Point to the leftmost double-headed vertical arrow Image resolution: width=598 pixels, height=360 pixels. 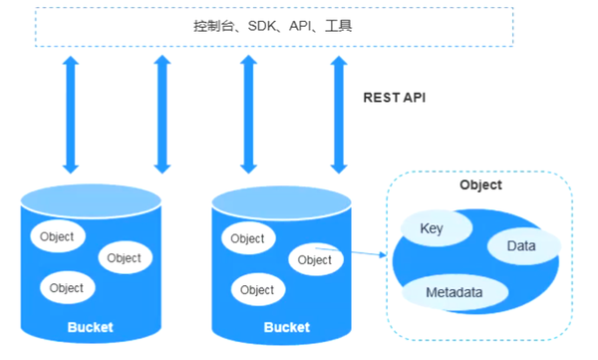pyautogui.click(x=71, y=115)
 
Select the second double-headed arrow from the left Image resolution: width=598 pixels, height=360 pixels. pyautogui.click(x=159, y=115)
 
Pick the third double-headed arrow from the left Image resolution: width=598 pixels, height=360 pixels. pyautogui.click(x=248, y=115)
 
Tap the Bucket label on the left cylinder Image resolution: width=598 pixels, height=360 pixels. pyautogui.click(x=91, y=327)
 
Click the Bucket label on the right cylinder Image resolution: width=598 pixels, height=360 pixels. pyautogui.click(x=287, y=327)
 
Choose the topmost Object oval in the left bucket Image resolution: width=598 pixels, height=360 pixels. pyautogui.click(x=58, y=236)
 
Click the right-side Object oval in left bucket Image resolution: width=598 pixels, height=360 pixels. pyautogui.click(x=125, y=257)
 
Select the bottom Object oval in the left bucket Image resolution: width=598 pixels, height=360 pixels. pyautogui.click(x=67, y=288)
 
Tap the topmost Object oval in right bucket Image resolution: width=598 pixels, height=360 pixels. pyautogui.click(x=247, y=238)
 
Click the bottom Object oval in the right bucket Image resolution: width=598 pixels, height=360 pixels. pyautogui.click(x=257, y=290)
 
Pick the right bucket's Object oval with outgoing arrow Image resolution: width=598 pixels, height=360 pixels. pyautogui.click(x=315, y=260)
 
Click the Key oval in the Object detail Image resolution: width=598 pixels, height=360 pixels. pyautogui.click(x=432, y=229)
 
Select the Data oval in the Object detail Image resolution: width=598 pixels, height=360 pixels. pyautogui.click(x=521, y=245)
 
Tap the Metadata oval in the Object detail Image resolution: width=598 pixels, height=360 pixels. pyautogui.click(x=454, y=293)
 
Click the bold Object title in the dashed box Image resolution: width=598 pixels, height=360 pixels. pyautogui.click(x=480, y=185)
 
